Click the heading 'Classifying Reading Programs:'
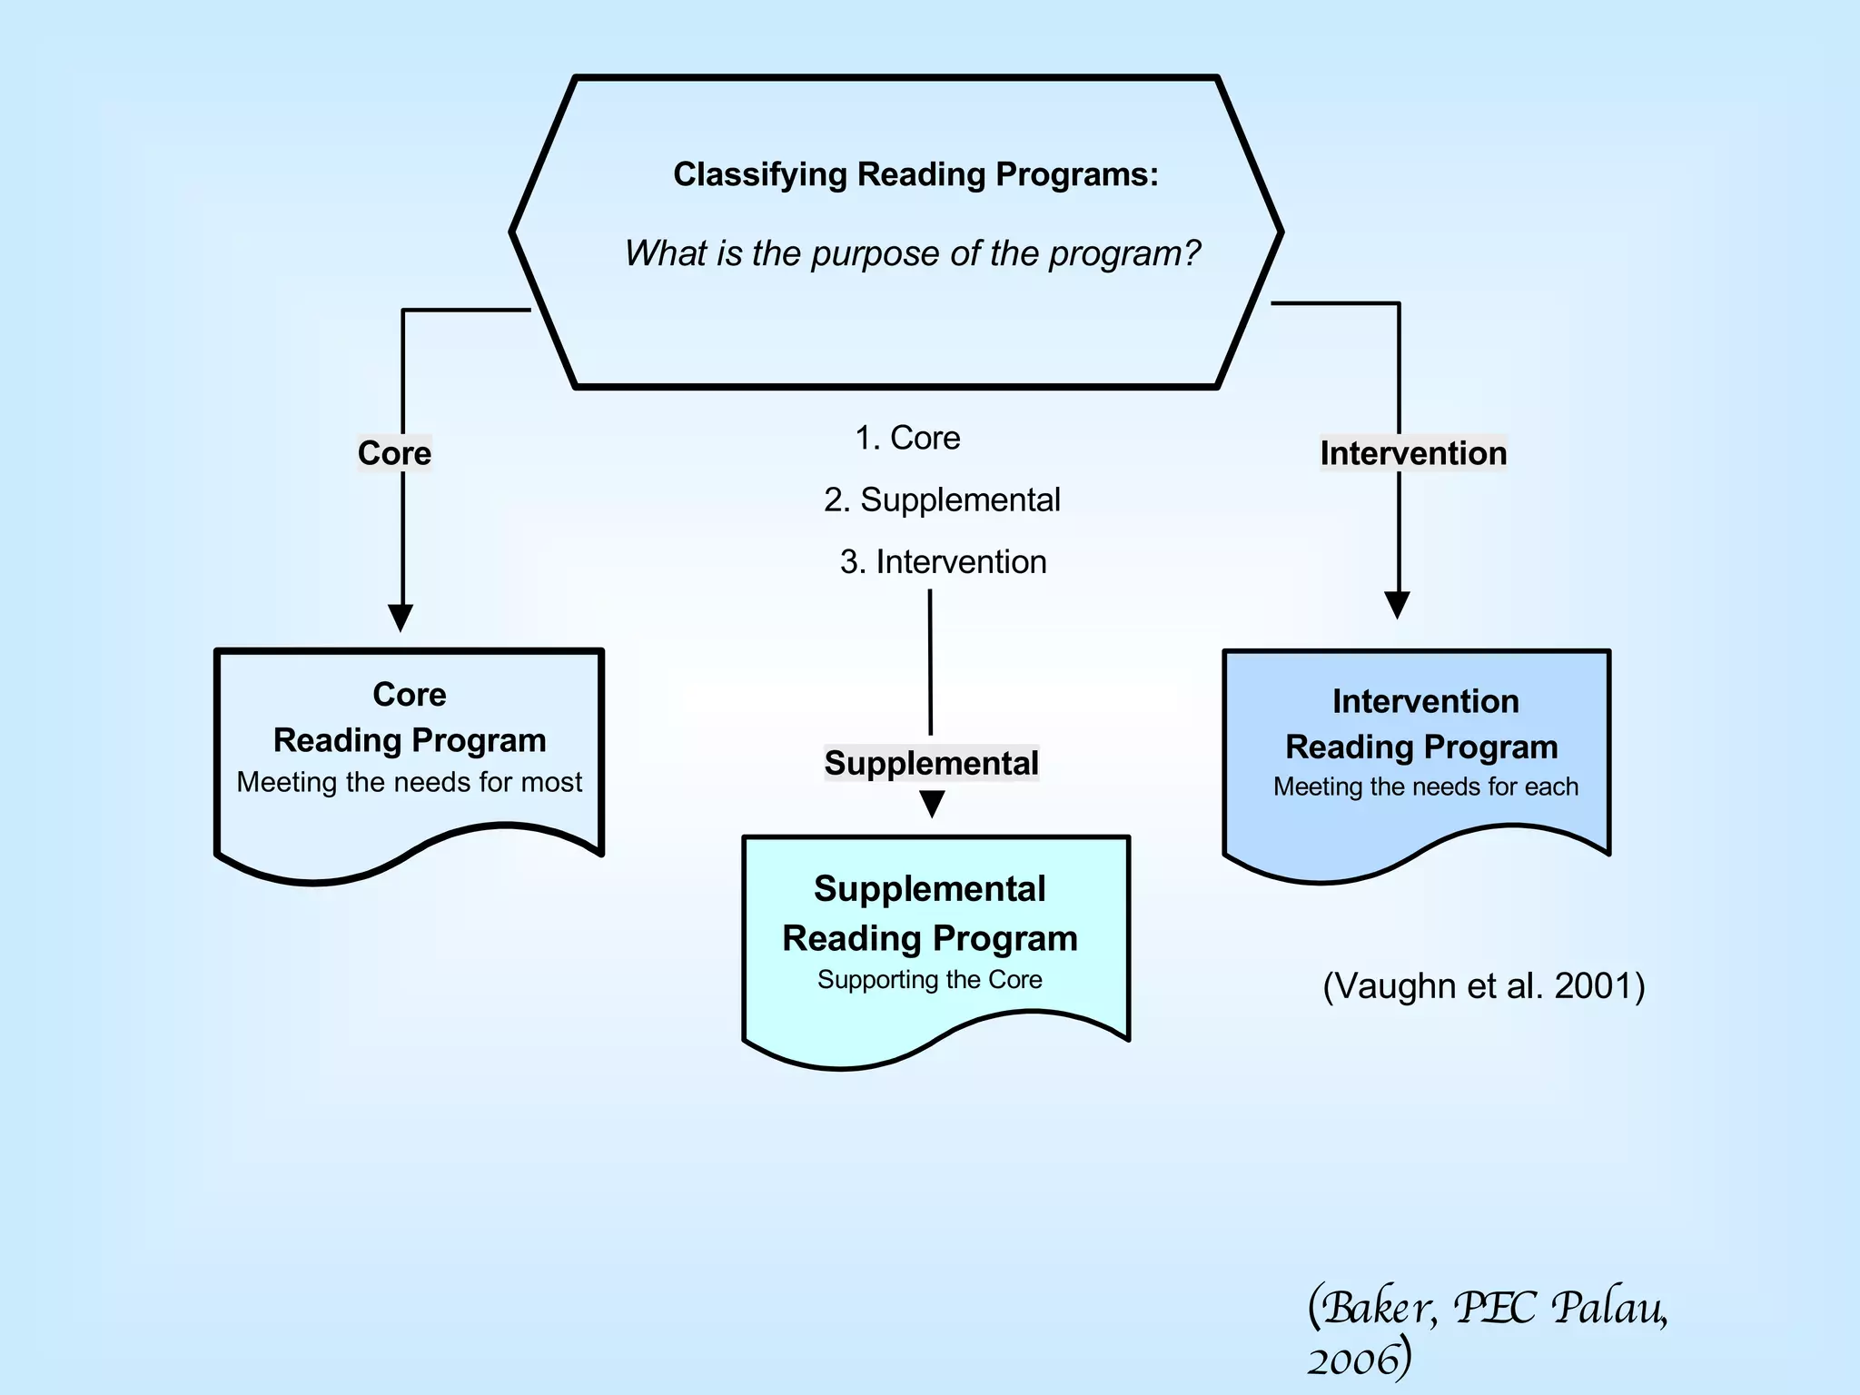[x=915, y=174]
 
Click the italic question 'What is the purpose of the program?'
[x=913, y=253]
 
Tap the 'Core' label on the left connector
[x=394, y=453]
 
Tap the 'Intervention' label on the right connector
[x=1413, y=453]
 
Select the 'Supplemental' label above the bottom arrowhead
[x=931, y=763]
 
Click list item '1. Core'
[x=907, y=438]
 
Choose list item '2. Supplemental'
[x=942, y=500]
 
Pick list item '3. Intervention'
[x=943, y=562]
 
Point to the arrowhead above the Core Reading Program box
[x=401, y=617]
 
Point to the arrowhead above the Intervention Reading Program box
[x=1397, y=604]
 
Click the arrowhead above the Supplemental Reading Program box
[x=932, y=803]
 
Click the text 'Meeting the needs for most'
[x=409, y=782]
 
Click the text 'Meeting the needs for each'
[x=1425, y=787]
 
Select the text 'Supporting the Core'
[x=929, y=980]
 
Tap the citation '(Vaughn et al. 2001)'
[x=1483, y=986]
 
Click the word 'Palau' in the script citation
[x=1608, y=1309]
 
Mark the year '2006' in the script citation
[x=1353, y=1360]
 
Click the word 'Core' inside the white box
[x=409, y=695]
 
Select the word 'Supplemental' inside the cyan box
[x=929, y=888]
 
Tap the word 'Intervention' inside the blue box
[x=1425, y=701]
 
